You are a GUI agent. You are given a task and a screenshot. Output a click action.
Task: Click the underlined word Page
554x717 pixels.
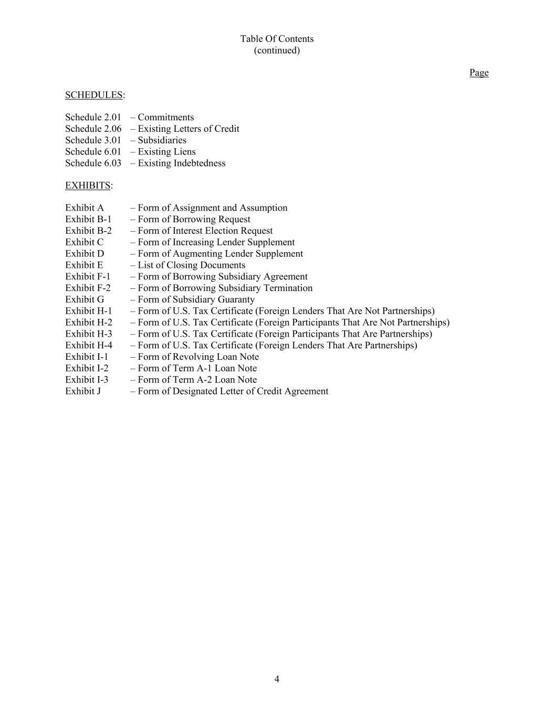point(478,72)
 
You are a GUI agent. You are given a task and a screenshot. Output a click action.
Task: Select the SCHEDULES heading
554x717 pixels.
point(93,95)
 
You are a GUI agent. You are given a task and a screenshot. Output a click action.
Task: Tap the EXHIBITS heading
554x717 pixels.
point(88,185)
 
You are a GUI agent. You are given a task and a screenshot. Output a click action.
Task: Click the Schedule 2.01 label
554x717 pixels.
point(93,117)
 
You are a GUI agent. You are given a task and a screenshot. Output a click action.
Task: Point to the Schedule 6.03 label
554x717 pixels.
point(93,163)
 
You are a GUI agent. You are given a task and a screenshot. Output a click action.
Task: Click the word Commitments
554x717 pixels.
point(165,117)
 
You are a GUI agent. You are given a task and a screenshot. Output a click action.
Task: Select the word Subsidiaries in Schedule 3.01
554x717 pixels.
point(162,140)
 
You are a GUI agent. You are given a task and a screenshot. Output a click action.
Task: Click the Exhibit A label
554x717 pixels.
point(85,208)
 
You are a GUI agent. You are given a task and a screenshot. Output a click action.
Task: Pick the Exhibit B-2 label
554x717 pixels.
point(88,231)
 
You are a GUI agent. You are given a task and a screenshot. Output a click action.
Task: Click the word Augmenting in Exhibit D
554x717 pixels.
point(197,254)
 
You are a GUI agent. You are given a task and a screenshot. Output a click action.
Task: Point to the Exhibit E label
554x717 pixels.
point(84,265)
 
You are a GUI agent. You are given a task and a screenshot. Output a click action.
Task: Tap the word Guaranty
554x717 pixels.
point(235,299)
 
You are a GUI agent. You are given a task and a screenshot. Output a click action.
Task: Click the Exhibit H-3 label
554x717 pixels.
point(89,334)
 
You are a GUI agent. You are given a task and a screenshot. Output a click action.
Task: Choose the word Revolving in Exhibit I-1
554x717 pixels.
point(193,357)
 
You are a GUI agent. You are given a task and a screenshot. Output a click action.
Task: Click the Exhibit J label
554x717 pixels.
point(83,391)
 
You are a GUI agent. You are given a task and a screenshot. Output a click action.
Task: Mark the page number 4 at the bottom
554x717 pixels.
point(277,679)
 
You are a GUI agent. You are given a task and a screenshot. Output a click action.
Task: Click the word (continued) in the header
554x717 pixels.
point(277,50)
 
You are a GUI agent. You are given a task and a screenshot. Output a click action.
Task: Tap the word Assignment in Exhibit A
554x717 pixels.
point(196,208)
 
